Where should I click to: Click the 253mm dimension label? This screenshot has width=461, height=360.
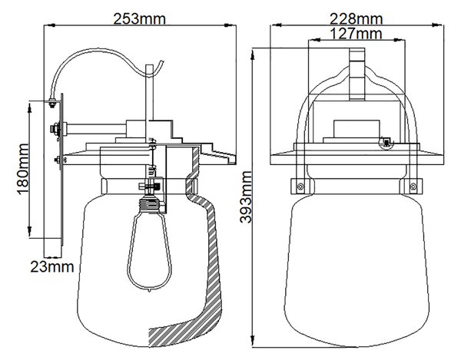(139, 19)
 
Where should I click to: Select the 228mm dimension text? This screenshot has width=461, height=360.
(356, 19)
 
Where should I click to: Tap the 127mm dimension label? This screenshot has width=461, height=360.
(356, 34)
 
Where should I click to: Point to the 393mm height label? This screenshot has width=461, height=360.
(246, 197)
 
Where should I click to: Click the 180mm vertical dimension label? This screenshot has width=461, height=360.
(22, 169)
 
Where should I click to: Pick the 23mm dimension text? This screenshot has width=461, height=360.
(52, 267)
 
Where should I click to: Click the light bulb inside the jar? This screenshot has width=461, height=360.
(149, 253)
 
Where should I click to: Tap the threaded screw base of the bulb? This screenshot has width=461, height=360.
(150, 204)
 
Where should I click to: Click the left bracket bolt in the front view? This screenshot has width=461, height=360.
(300, 187)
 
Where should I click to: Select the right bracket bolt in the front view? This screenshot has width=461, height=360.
(413, 187)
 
